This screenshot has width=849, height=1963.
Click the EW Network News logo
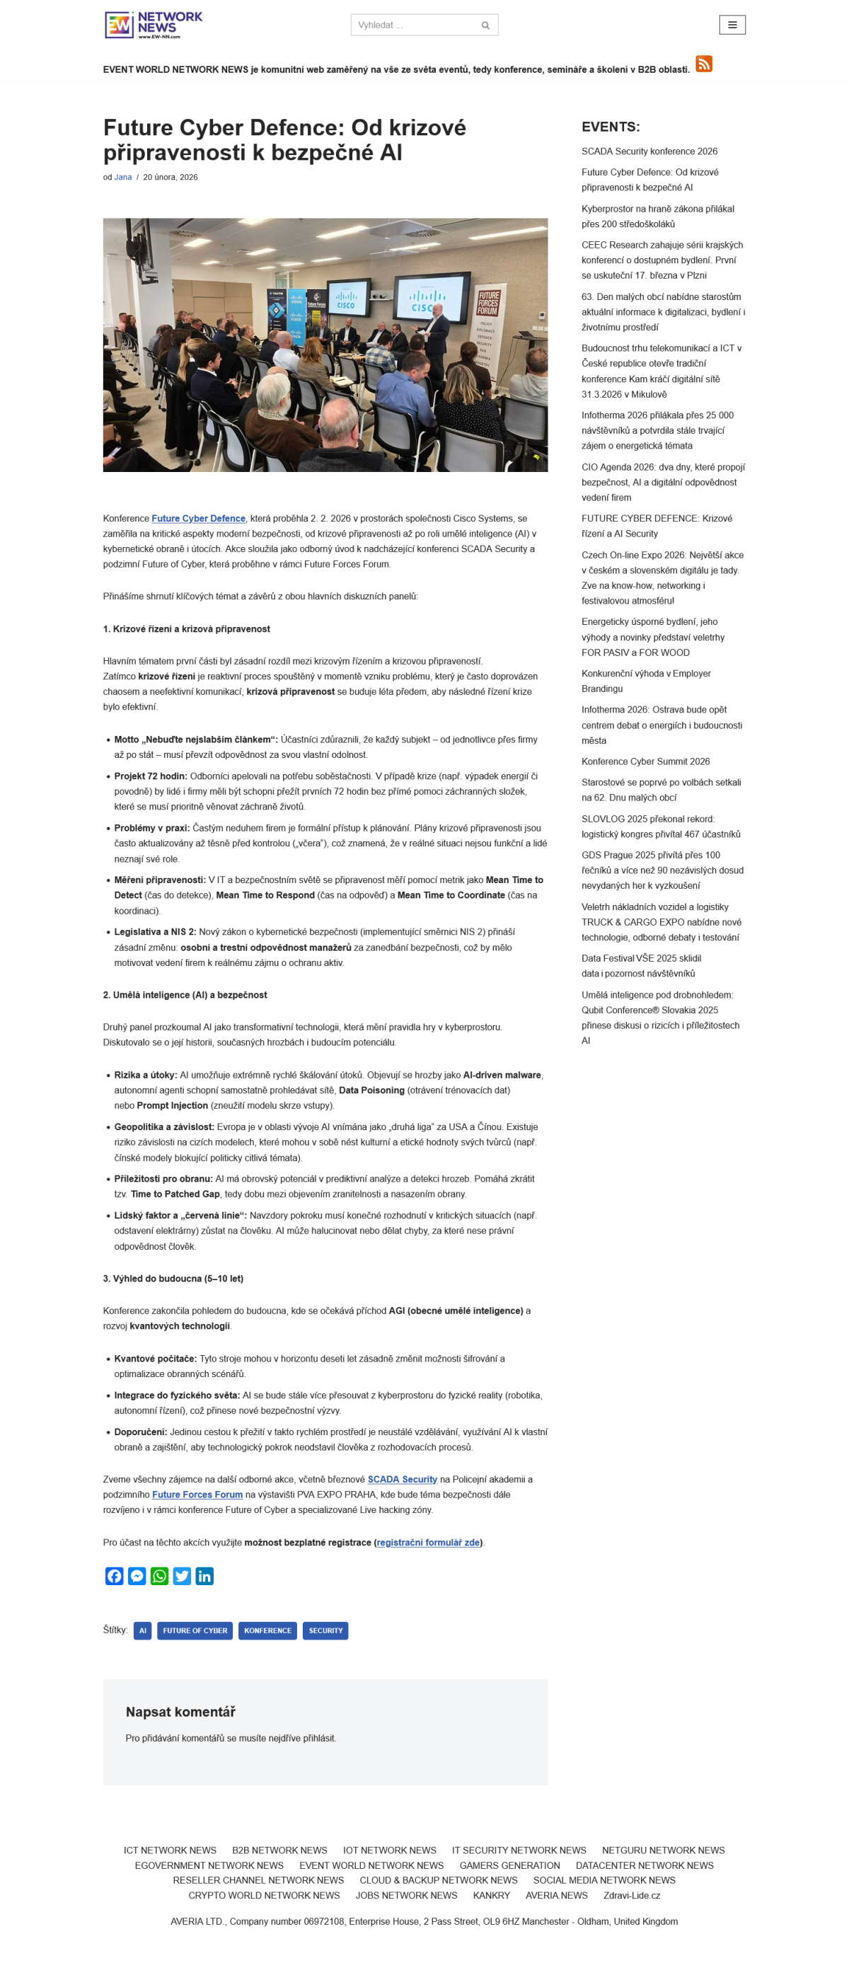154,25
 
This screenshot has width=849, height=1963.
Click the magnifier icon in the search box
485,25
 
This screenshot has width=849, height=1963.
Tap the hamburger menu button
732,25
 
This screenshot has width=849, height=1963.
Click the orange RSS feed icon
703,64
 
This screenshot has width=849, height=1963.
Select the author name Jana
122,177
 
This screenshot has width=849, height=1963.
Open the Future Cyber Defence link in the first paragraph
198,518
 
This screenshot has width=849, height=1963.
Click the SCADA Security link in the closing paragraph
402,1479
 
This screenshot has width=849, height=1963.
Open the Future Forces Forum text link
197,1495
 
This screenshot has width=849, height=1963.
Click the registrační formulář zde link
427,1543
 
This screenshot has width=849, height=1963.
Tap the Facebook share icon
115,1576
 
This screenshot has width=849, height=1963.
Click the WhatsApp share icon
159,1576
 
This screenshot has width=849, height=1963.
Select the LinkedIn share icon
204,1576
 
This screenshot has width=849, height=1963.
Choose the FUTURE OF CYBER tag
195,1630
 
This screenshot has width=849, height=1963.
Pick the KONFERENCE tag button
267,1630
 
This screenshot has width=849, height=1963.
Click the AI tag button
142,1630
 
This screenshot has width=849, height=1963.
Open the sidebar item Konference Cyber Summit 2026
645,761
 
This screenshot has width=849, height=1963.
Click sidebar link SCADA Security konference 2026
649,151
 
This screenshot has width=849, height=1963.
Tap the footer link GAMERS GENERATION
509,1865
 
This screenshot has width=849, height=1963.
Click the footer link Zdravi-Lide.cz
631,1895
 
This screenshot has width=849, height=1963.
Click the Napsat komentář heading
180,1712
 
